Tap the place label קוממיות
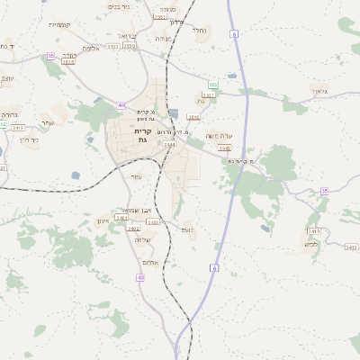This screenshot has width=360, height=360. (x=59, y=24)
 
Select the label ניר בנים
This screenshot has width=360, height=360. (x=119, y=6)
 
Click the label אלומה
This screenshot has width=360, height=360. (x=91, y=48)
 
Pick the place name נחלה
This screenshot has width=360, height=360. (x=200, y=30)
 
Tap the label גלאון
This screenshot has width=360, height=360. (x=321, y=91)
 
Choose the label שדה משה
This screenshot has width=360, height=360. (x=220, y=136)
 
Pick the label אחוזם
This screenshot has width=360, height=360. (x=150, y=262)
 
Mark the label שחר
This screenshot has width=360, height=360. (x=48, y=123)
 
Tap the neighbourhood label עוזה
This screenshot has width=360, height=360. (x=136, y=176)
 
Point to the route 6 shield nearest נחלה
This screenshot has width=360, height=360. (x=232, y=33)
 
